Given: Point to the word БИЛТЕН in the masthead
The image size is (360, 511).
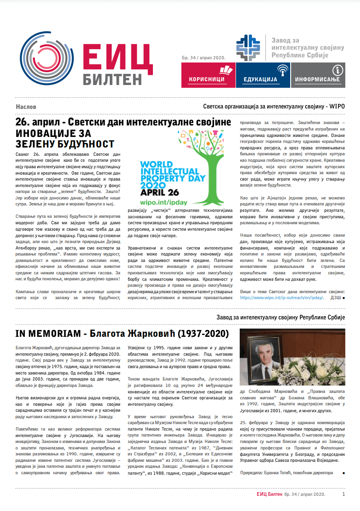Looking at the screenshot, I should point(113,79).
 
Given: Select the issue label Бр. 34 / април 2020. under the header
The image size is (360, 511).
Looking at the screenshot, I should point(202,57).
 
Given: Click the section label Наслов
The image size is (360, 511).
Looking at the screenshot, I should point(26,107).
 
